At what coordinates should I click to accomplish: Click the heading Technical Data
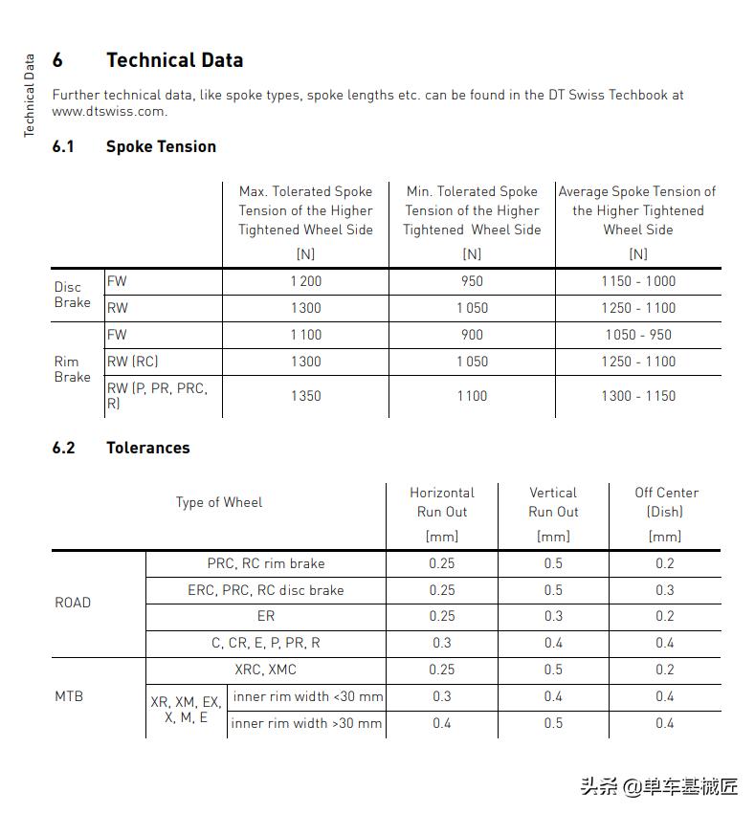pos(174,60)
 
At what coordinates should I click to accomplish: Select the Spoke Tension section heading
pos(161,146)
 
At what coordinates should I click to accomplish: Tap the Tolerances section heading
pos(147,448)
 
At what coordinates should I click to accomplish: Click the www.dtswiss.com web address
pos(109,111)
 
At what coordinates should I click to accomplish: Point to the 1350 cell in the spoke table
pos(306,396)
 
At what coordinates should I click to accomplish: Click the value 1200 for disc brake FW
pos(306,281)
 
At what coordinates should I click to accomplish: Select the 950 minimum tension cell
pos(472,281)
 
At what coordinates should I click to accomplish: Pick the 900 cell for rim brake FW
pos(472,335)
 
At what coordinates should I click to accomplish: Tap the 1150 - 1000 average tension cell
pos(638,281)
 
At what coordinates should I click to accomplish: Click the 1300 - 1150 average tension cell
pos(638,396)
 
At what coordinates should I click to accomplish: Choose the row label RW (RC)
pos(132,362)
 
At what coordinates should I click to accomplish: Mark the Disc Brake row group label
pos(73,295)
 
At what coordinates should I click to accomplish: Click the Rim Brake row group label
pos(73,369)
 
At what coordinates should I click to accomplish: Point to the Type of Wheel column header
pos(219,502)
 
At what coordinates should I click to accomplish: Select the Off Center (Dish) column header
pos(666,502)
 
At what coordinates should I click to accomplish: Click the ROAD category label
pos(73,603)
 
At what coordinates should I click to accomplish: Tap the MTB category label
pos(69,696)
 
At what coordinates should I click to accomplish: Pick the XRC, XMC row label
pos(266,670)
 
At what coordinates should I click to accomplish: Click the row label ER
pos(266,616)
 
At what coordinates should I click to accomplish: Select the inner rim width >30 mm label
pos(306,723)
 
